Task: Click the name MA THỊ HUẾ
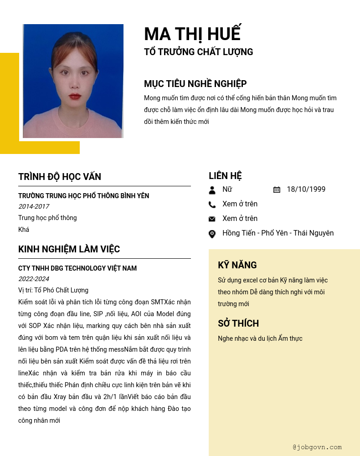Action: [192, 34]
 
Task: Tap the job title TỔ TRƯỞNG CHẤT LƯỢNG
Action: [198, 52]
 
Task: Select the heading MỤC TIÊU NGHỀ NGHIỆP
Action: [195, 84]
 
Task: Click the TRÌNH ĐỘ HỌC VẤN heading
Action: [60, 177]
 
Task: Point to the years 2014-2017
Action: [34, 206]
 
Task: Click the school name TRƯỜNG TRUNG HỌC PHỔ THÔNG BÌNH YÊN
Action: [83, 196]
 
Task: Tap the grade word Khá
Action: [24, 230]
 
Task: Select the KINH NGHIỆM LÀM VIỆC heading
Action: [69, 249]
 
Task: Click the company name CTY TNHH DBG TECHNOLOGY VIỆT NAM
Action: [77, 268]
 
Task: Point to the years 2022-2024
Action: [34, 279]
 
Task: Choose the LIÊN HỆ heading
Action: [225, 176]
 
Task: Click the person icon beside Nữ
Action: [212, 190]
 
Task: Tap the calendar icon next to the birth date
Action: [277, 190]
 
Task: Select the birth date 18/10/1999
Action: [306, 190]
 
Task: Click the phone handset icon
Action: [212, 205]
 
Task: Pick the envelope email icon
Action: [212, 219]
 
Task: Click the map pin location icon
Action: [212, 234]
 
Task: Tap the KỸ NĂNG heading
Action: [237, 265]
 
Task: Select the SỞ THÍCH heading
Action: [238, 323]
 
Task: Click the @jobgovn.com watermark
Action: [317, 447]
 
